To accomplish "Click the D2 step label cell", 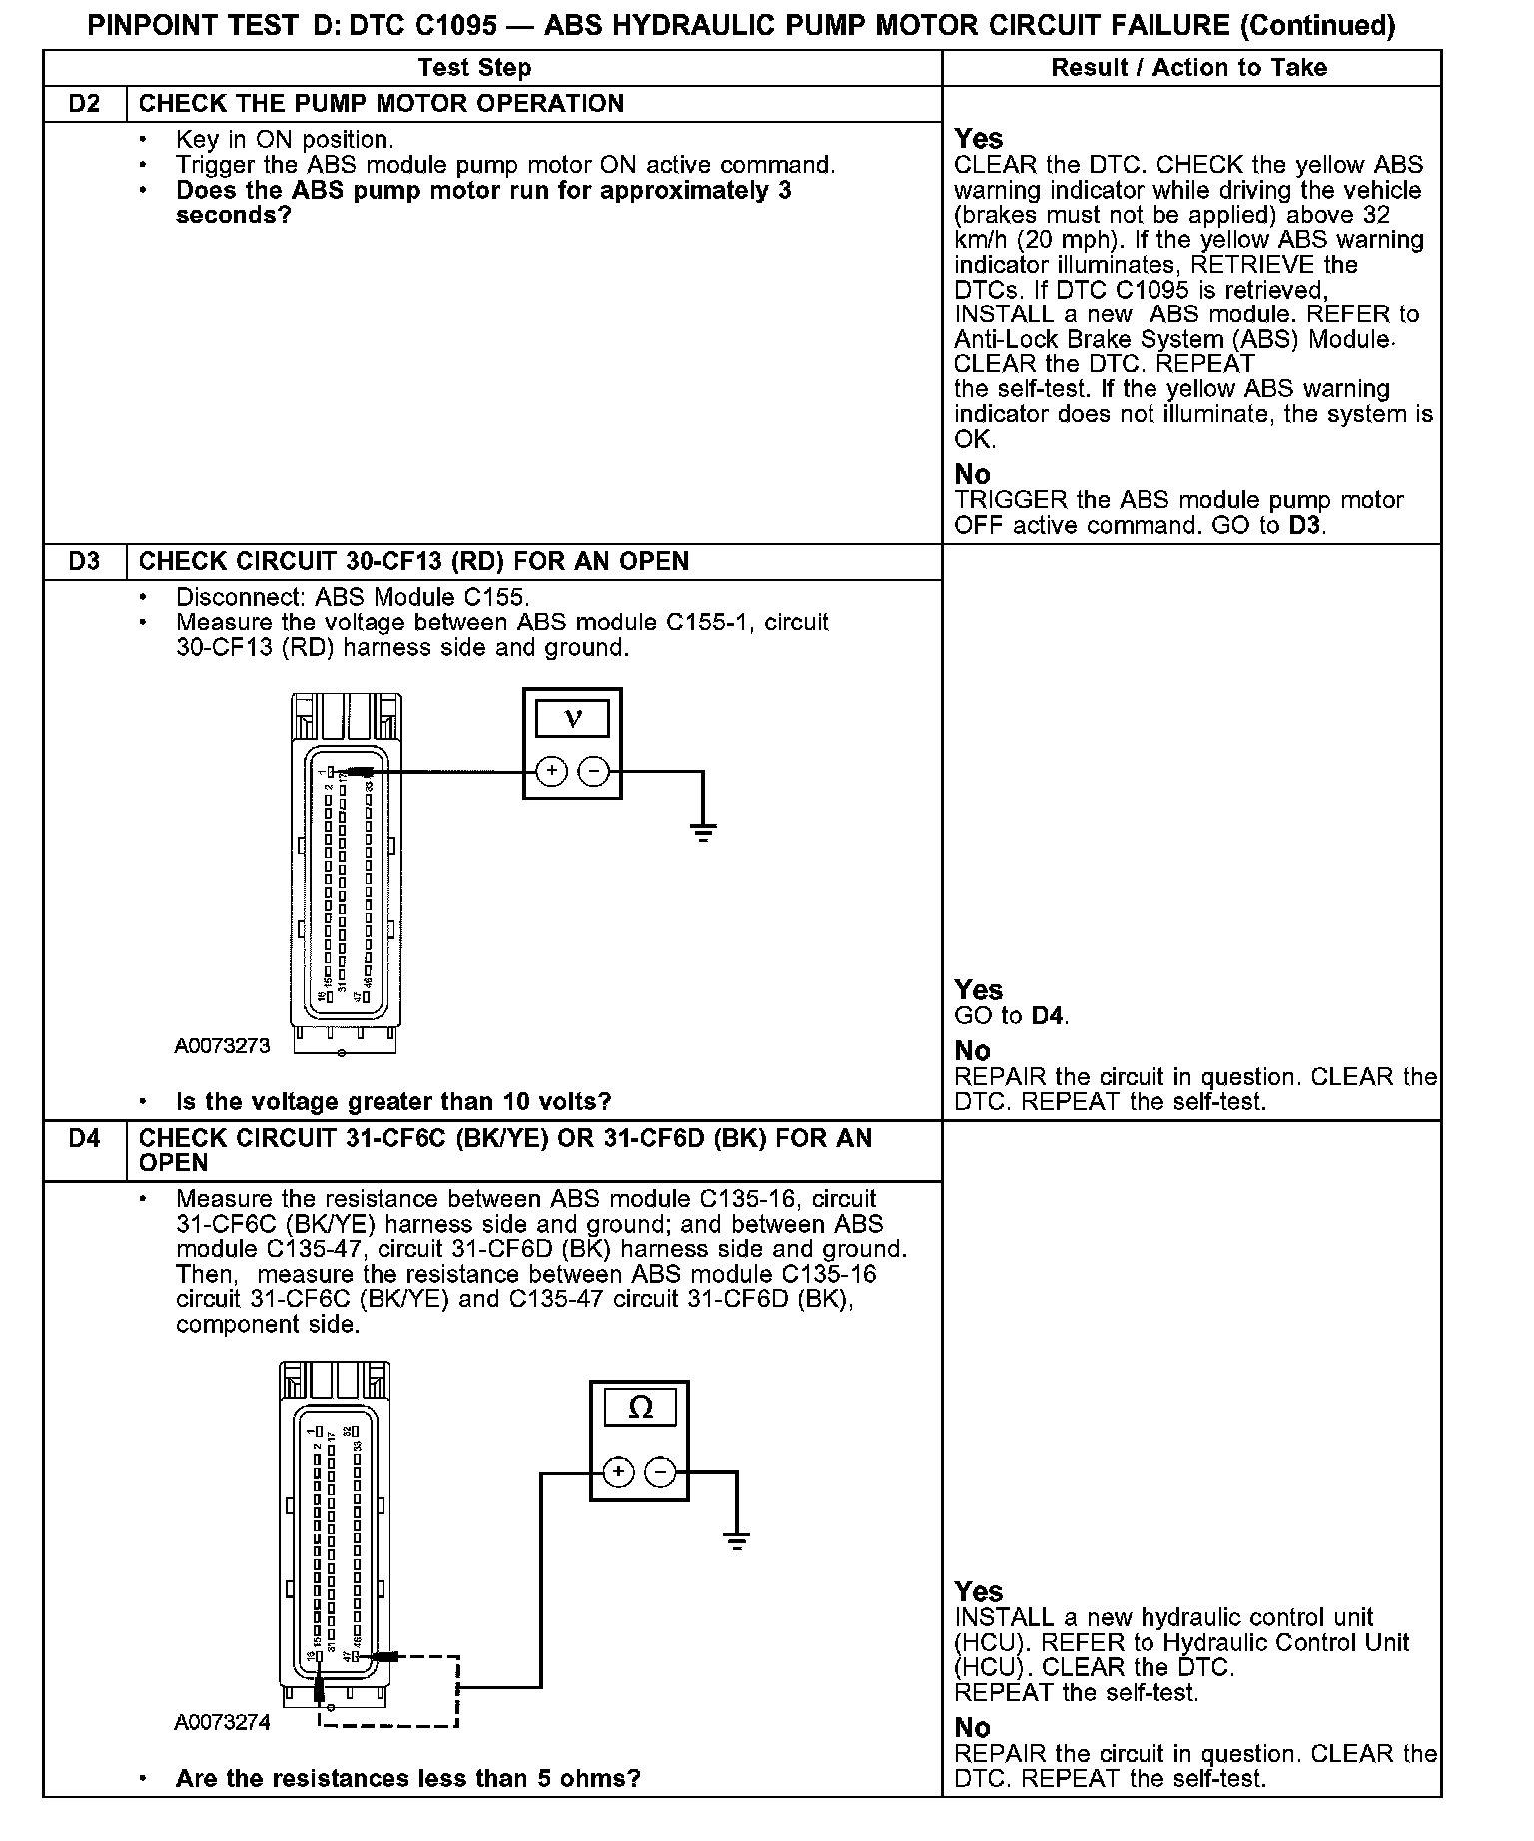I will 85,104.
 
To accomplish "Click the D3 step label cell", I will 85,561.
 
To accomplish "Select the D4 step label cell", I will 85,1138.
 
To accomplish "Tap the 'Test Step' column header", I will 475,68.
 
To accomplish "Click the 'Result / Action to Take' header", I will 1189,68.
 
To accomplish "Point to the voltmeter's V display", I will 572,718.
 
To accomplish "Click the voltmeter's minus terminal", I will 594,771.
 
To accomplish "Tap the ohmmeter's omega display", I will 640,1409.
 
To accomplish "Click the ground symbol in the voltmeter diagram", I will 703,830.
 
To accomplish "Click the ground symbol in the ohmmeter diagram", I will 736,1540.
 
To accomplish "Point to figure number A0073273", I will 222,1046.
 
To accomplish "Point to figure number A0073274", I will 222,1723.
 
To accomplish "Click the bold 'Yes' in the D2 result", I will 979,139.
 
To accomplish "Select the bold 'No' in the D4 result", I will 973,1728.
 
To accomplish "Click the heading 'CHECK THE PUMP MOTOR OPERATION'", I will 382,104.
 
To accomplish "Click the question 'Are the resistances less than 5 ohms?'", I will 407,1778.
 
